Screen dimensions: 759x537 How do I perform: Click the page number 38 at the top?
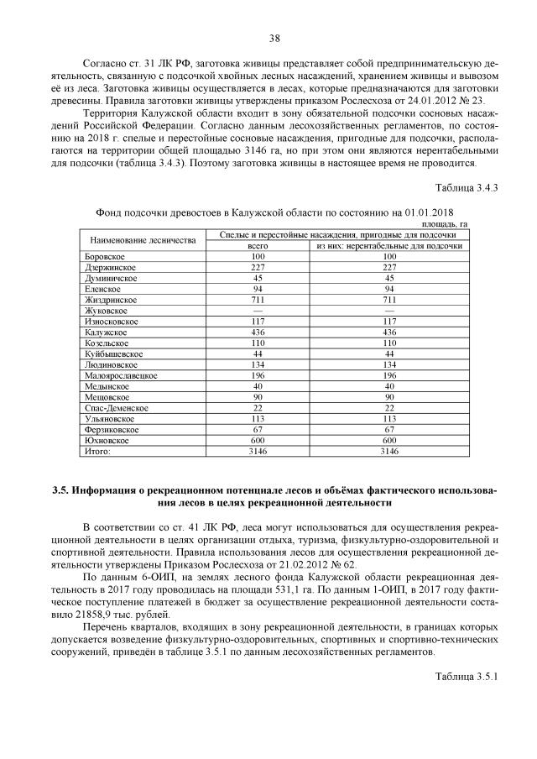[274, 37]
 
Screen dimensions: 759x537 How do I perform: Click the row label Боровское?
[106, 256]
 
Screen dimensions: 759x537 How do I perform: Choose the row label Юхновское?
[107, 440]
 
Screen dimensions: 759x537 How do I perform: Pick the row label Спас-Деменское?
[117, 407]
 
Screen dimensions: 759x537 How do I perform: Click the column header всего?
[258, 246]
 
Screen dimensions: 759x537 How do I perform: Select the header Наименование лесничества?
[143, 240]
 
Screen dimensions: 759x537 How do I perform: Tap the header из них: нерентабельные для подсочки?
[388, 246]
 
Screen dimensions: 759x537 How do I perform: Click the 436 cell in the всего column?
[258, 332]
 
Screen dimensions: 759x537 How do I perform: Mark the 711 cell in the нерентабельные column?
[388, 300]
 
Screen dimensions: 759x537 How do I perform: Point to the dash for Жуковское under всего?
[258, 311]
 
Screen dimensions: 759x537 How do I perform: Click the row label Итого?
[98, 451]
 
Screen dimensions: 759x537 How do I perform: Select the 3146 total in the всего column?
[258, 451]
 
